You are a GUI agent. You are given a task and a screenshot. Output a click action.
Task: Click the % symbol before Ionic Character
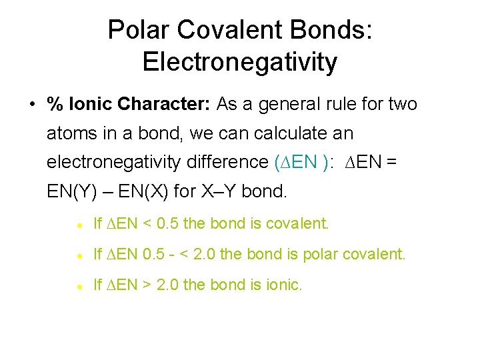53,105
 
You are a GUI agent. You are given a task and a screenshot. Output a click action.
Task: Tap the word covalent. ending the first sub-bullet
297,224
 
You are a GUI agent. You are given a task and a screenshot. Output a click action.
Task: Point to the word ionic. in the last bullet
284,285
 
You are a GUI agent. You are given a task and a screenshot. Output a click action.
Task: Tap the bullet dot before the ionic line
78,286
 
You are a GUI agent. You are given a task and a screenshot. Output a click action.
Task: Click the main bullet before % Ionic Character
31,105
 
